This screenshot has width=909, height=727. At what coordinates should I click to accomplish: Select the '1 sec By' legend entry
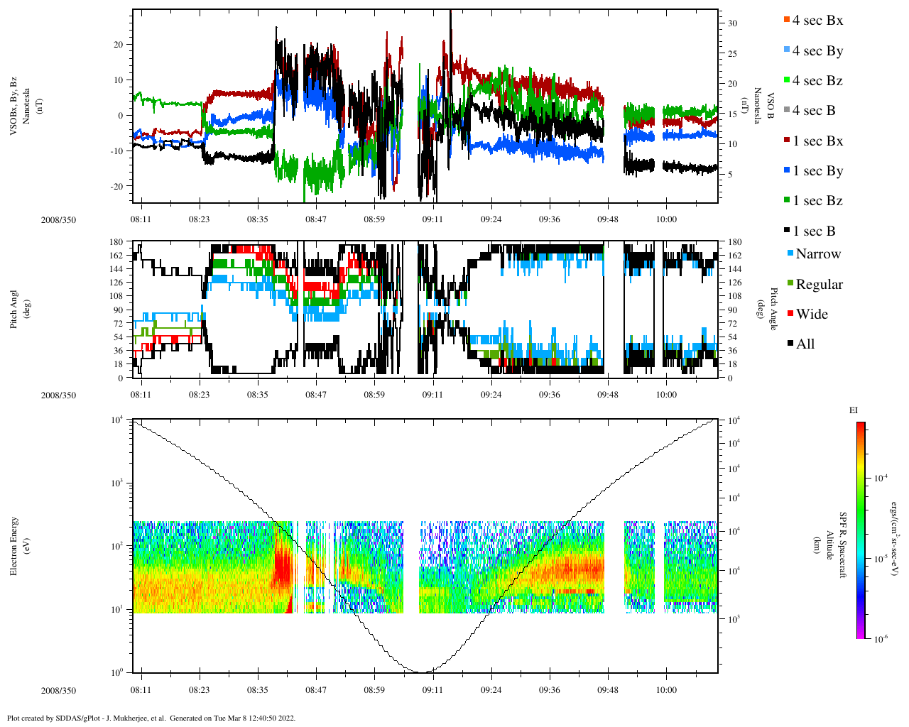[x=817, y=171]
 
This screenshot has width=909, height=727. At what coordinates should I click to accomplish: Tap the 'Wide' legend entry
[x=811, y=315]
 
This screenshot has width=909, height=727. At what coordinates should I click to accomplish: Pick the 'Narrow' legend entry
[x=817, y=254]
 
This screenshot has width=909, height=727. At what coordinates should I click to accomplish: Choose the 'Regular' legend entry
[x=819, y=285]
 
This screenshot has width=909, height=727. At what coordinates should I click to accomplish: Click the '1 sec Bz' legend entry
[x=817, y=201]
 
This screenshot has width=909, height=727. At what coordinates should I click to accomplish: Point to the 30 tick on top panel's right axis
[x=732, y=23]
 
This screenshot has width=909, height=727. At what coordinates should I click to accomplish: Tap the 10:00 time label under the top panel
[x=665, y=219]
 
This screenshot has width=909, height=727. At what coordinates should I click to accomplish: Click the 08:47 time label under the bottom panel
[x=316, y=690]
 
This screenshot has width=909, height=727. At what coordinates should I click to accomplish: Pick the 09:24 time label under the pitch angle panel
[x=491, y=395]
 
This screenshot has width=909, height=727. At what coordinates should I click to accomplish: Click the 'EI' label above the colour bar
[x=854, y=410]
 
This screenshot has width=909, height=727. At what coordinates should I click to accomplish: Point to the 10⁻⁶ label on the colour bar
[x=881, y=639]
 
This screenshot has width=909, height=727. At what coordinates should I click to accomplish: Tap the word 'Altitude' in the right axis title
[x=829, y=545]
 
